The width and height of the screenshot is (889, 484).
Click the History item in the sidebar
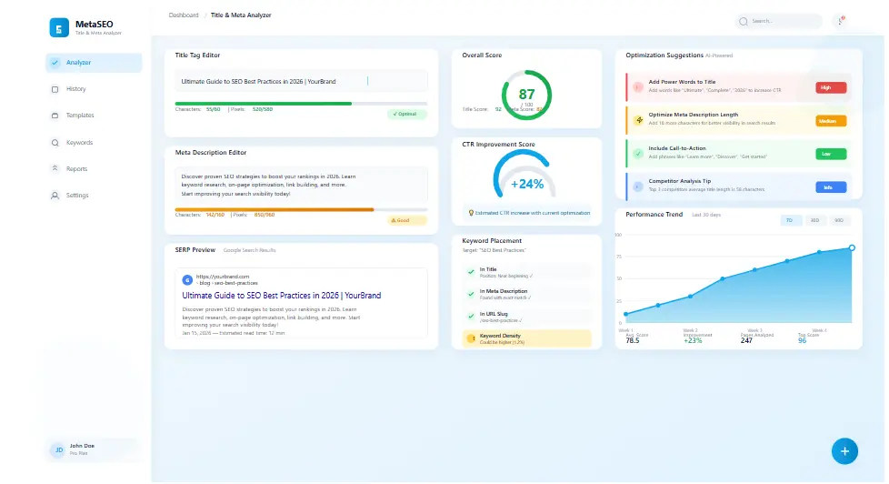click(x=75, y=89)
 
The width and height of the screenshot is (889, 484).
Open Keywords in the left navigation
click(x=79, y=143)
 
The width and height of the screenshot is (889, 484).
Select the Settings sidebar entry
click(x=77, y=196)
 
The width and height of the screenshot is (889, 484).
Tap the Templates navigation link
click(x=79, y=116)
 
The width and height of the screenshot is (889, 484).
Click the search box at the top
click(x=779, y=21)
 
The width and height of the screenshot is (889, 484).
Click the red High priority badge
click(x=831, y=88)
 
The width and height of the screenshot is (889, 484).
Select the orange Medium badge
click(x=831, y=121)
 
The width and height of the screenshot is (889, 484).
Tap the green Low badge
click(x=831, y=154)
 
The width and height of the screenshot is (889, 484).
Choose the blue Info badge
click(x=831, y=187)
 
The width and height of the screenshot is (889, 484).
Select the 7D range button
click(x=789, y=221)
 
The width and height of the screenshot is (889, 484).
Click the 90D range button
click(x=838, y=221)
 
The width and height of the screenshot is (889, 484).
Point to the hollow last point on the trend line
click(x=852, y=247)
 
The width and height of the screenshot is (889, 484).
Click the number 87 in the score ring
click(x=527, y=94)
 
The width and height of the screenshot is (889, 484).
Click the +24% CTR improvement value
click(x=527, y=183)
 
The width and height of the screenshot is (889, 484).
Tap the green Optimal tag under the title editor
click(x=406, y=115)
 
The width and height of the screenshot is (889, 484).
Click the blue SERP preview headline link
click(x=281, y=296)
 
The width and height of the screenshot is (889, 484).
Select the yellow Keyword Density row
click(x=527, y=338)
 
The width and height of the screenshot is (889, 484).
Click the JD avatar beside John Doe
click(x=58, y=449)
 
